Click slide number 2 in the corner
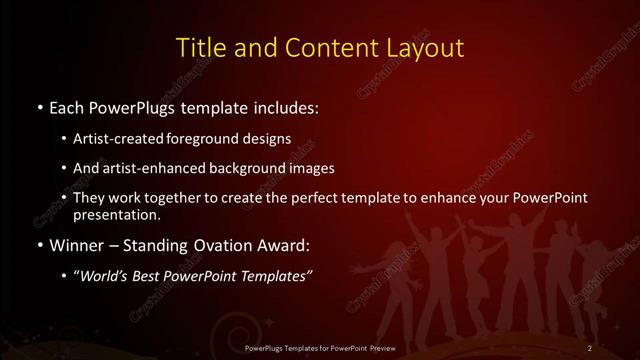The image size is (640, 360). coord(590,347)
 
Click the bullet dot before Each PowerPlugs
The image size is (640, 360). coord(38,106)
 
